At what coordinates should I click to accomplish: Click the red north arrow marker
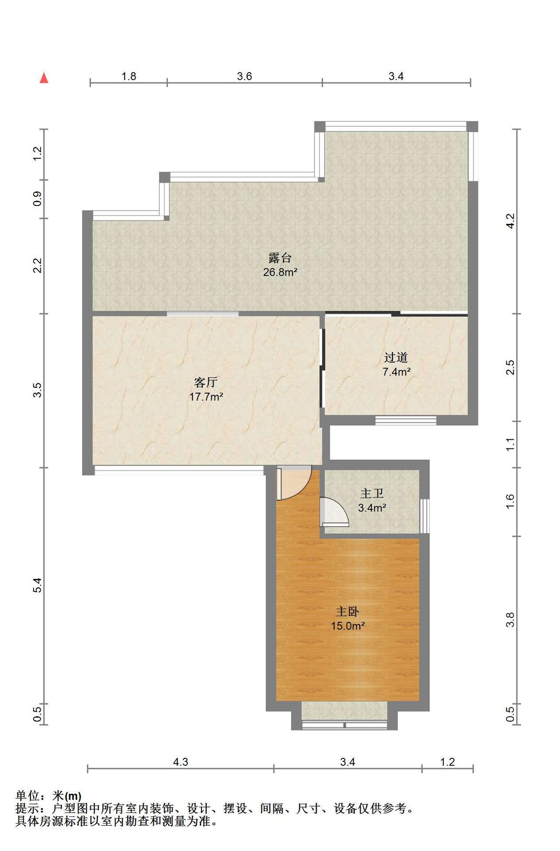tap(44, 78)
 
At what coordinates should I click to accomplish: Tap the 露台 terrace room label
tap(280, 258)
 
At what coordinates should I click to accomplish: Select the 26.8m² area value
tap(280, 272)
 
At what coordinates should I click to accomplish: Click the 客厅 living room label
tap(206, 382)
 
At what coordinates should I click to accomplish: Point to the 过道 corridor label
tap(396, 357)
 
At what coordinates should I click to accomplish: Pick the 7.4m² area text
tap(396, 372)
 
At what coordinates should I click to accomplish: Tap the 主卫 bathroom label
tap(372, 493)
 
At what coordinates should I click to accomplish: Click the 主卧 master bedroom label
tap(347, 612)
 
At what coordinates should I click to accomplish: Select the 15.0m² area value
tap(347, 626)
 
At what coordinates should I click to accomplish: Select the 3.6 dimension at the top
tap(244, 76)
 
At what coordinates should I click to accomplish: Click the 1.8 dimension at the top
tap(129, 76)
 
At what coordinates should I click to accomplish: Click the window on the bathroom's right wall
tap(424, 516)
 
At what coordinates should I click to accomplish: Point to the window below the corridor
tap(406, 420)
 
